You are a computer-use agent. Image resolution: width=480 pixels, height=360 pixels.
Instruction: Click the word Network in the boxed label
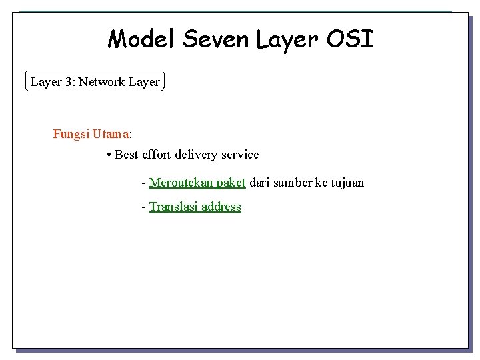click(103, 82)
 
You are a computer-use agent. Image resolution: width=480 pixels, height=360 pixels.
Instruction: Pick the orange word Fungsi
click(71, 134)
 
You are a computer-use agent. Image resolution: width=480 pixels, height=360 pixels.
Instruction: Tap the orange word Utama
click(111, 134)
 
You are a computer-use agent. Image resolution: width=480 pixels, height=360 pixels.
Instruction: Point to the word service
click(240, 155)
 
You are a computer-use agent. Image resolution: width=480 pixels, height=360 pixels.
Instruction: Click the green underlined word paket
click(231, 183)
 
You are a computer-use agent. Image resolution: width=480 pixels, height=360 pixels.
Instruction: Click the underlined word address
click(221, 207)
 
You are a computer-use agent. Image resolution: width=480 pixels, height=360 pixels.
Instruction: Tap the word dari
click(259, 183)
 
